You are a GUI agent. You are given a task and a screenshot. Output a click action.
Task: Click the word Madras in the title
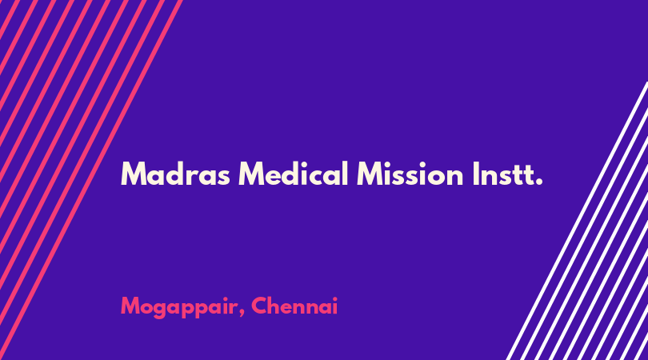pos(175,174)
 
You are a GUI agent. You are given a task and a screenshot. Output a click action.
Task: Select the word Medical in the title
pos(294,174)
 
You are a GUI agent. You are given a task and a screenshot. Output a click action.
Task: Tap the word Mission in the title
pos(410,174)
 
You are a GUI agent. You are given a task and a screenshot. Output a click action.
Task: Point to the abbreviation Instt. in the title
pos(507,174)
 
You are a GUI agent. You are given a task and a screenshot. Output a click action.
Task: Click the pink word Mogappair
pos(179,307)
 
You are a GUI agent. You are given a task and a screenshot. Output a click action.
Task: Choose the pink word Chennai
pos(294,306)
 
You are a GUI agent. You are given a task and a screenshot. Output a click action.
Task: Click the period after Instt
pos(538,182)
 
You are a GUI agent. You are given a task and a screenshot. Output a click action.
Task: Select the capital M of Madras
pos(133,174)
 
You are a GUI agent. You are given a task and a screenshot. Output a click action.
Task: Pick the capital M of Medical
pos(252,174)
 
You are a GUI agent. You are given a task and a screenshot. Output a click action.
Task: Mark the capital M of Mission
pos(370,174)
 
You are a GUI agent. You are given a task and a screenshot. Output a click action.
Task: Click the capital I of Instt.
pos(476,174)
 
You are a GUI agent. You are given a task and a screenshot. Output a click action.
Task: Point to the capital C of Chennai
pos(260,306)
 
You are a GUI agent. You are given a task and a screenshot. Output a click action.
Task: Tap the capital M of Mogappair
pos(130,306)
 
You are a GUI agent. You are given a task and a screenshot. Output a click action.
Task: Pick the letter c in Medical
pos(317,177)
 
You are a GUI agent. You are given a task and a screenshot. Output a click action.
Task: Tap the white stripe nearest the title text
pos(577,221)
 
